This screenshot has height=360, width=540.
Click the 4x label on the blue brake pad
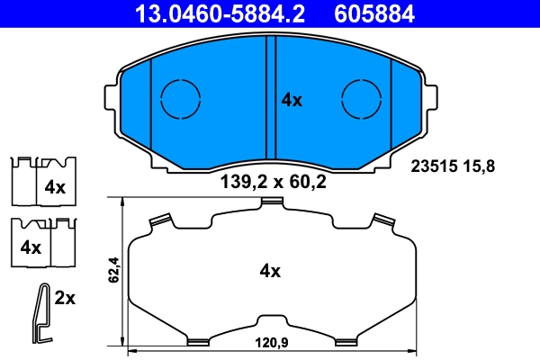tap(292, 100)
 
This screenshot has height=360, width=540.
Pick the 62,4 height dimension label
tap(113, 271)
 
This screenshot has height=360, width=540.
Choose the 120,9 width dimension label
tap(270, 343)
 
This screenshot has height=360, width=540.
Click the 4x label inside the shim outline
tap(270, 270)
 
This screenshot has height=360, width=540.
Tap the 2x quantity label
tap(65, 298)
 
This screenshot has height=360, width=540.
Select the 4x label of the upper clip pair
tap(56, 188)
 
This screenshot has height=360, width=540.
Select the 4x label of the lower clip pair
tap(31, 247)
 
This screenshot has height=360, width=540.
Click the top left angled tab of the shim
tap(161, 219)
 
